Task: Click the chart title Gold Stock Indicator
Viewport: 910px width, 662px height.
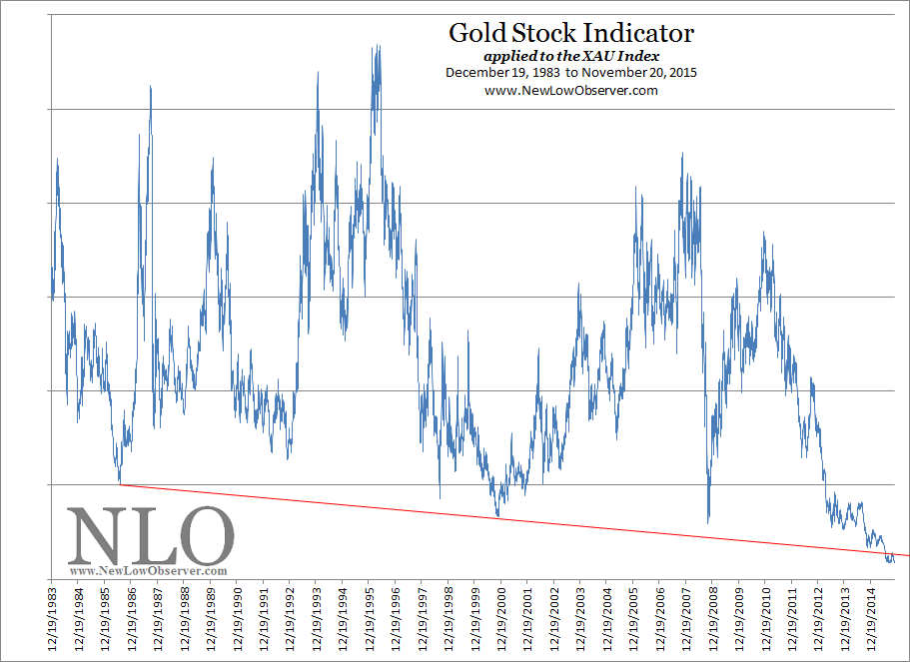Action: point(570,32)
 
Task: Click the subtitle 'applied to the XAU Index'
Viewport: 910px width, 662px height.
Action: point(570,56)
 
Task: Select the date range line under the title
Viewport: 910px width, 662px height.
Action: point(570,72)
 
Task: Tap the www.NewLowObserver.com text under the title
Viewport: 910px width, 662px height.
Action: point(570,90)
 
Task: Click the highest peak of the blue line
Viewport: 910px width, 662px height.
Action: point(378,46)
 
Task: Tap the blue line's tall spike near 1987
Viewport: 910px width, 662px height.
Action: point(150,87)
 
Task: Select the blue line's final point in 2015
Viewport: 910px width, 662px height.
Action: point(893,561)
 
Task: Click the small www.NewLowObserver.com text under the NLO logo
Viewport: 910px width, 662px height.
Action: point(150,571)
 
